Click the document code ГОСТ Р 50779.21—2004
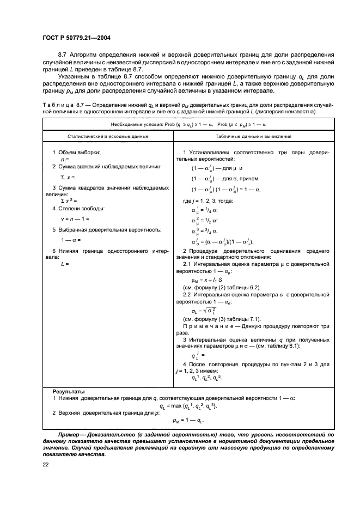(80, 38)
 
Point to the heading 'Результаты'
(68, 391)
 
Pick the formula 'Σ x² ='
(68, 201)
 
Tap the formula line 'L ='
(65, 263)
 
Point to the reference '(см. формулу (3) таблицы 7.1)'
(215, 318)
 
